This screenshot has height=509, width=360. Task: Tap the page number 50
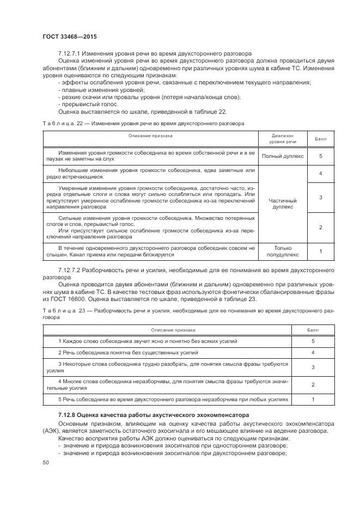45,462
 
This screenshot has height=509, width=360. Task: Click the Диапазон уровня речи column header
283,138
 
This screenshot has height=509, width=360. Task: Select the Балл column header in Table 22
321,138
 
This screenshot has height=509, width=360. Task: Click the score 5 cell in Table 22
321,156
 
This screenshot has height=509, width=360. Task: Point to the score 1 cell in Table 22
321,251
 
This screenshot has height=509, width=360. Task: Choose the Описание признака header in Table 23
173,329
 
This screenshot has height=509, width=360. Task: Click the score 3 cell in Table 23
313,367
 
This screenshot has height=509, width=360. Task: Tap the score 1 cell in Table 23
313,400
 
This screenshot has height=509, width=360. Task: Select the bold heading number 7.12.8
69,416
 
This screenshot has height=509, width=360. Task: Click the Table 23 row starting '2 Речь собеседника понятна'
129,353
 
